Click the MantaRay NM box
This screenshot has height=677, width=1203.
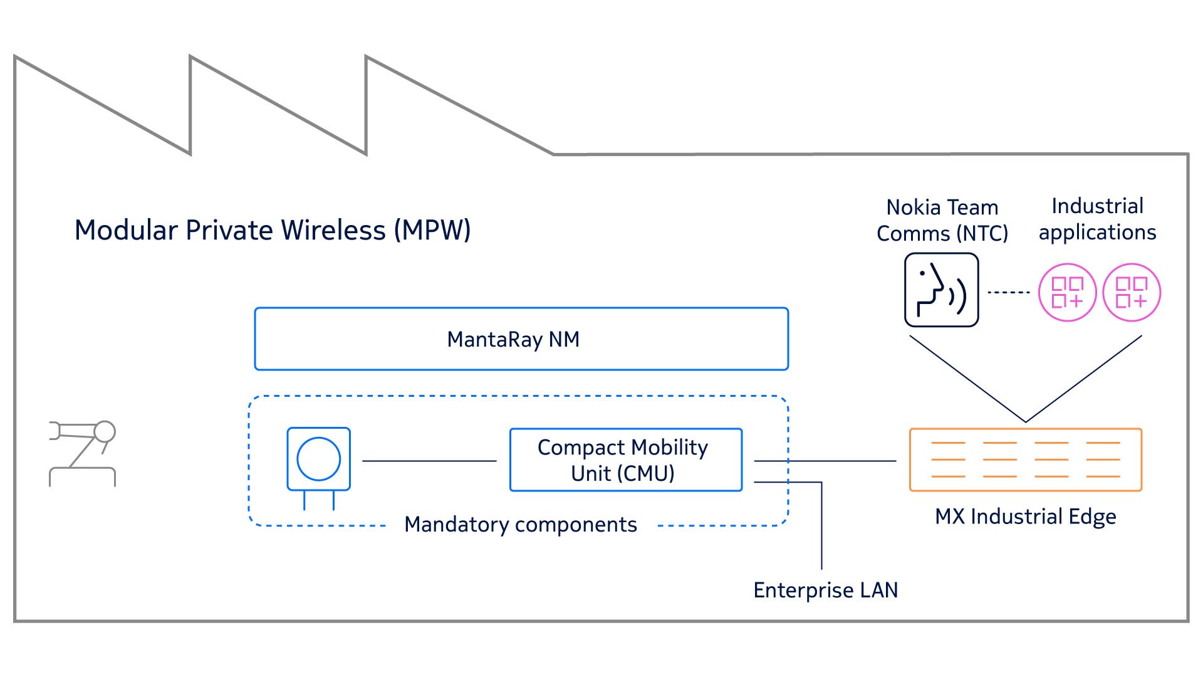pos(521,339)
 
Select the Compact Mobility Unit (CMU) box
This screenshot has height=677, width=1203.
pos(625,460)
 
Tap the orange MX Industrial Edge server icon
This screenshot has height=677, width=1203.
pos(1025,460)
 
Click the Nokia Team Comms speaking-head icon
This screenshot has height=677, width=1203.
pos(941,290)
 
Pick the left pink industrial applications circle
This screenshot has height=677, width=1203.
pos(1067,293)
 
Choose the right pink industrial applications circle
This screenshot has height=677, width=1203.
pos(1132,293)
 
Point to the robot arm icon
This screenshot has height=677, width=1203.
pos(83,453)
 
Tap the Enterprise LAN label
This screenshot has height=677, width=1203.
pos(825,590)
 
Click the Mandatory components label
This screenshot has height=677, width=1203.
pos(520,525)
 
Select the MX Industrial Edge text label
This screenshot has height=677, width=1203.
pos(1025,517)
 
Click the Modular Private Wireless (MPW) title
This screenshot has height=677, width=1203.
pos(273,230)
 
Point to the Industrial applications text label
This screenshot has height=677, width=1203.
pos(1097,219)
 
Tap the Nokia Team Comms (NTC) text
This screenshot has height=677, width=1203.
pos(942,220)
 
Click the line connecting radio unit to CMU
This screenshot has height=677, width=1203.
pos(429,461)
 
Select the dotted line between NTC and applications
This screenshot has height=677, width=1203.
pos(1009,292)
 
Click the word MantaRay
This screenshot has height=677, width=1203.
pos(494,340)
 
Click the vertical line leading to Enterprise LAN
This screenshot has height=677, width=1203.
pos(821,527)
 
